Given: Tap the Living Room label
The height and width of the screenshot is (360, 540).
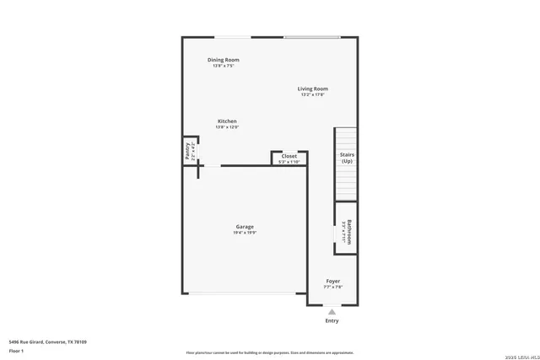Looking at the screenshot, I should (x=312, y=89).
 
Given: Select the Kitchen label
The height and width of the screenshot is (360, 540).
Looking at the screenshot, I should (x=227, y=121).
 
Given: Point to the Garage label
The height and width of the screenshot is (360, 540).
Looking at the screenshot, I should (x=245, y=226).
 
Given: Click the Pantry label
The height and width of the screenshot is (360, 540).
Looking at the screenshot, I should (x=187, y=152).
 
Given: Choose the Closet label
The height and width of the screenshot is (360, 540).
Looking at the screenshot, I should (x=289, y=156).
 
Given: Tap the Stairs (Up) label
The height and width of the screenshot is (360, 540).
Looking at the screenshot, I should (x=347, y=158).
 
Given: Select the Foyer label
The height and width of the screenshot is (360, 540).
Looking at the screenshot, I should (x=333, y=281).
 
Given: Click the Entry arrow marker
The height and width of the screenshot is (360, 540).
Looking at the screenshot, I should (x=332, y=312).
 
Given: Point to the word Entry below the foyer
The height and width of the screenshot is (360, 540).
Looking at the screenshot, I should (x=332, y=320).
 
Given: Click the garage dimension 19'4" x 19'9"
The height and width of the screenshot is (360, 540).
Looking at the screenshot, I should (x=245, y=232).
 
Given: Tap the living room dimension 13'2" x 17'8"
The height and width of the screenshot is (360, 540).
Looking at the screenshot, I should (x=312, y=94).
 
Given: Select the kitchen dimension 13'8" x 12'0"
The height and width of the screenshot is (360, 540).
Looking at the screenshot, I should (x=227, y=127).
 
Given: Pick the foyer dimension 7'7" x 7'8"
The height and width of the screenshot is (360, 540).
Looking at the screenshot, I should (x=333, y=287).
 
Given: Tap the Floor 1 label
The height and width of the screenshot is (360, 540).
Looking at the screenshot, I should (x=16, y=351).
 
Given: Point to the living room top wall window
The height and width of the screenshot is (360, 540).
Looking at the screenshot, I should (x=312, y=37).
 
